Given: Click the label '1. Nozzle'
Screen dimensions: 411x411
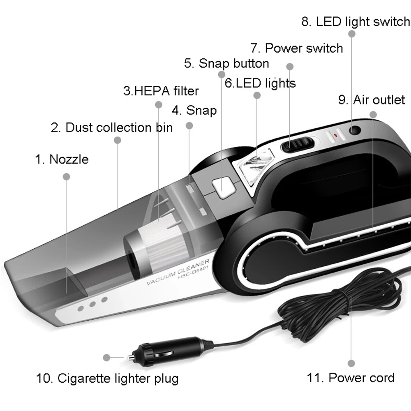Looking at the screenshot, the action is (62, 159).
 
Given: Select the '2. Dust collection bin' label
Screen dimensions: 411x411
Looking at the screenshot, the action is (112, 127).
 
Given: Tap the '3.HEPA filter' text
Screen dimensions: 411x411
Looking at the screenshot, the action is (161, 90).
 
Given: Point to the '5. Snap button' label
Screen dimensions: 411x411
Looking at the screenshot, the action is (226, 63).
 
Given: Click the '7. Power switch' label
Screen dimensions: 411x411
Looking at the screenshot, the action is (297, 48).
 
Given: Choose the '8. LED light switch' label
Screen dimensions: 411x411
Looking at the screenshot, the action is (356, 22).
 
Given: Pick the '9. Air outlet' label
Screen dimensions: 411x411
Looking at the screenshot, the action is (372, 100).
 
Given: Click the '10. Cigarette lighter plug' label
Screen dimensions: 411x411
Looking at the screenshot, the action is (107, 378).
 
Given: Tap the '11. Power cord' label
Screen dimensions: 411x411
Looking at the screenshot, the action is (351, 378).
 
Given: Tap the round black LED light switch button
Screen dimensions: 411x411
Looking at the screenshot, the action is (355, 131).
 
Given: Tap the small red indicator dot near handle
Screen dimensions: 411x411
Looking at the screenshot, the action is (335, 134).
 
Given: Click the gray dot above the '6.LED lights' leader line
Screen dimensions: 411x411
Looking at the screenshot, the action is (257, 95).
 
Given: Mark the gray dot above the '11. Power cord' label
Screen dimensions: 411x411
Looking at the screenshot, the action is (351, 363).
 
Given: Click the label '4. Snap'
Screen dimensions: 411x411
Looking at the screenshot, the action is (194, 110).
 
